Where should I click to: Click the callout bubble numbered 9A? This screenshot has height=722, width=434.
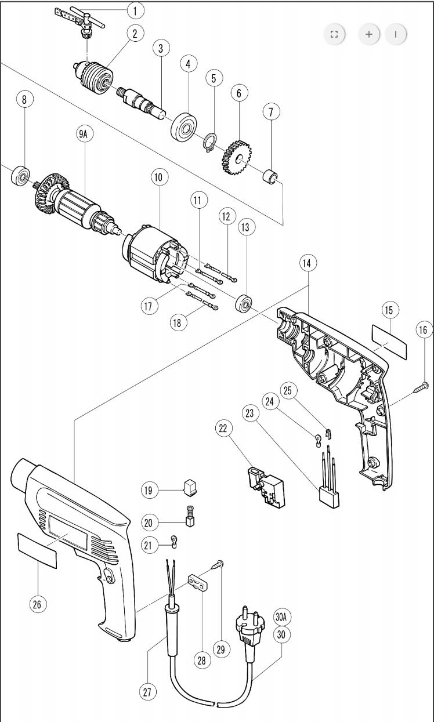tap(84, 134)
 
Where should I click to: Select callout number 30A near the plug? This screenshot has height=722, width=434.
tap(281, 617)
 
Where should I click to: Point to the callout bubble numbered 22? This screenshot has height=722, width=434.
tap(223, 428)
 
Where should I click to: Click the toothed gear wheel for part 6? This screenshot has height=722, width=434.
tap(237, 157)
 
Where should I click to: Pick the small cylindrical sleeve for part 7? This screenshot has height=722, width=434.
tap(271, 176)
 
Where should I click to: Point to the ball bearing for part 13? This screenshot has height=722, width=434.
tap(244, 303)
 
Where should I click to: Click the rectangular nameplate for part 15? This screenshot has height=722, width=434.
tap(389, 342)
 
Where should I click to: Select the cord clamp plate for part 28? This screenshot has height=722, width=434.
tap(198, 582)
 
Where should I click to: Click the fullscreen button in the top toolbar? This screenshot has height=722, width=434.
tap(334, 34)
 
